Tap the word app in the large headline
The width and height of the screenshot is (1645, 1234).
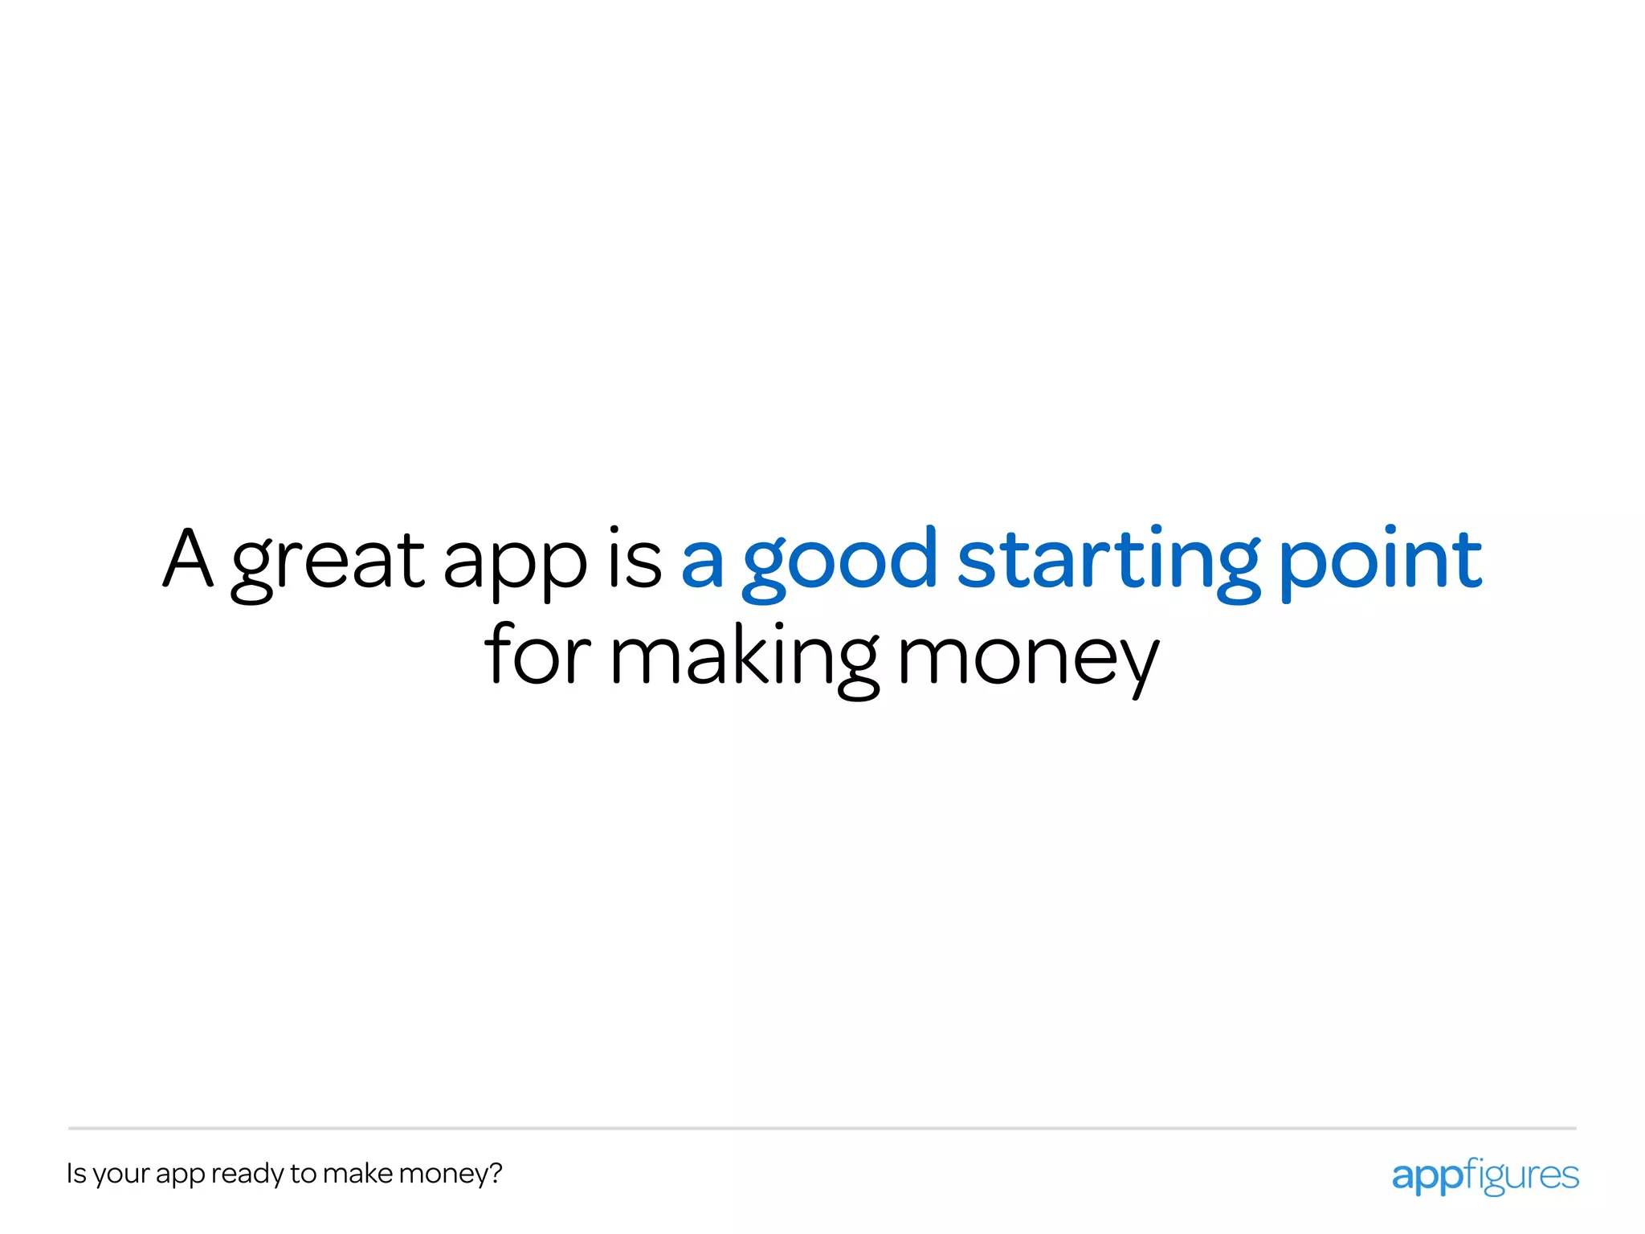pos(515,562)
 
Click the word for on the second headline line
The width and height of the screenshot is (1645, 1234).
pos(537,654)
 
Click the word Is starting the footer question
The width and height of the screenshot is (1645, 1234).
pos(76,1173)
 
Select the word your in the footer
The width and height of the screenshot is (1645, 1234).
pos(121,1175)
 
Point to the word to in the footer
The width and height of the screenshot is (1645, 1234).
pos(304,1174)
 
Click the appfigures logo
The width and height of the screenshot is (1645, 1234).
pos(1485,1175)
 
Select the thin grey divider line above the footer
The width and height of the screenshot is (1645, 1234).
pos(822,1128)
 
